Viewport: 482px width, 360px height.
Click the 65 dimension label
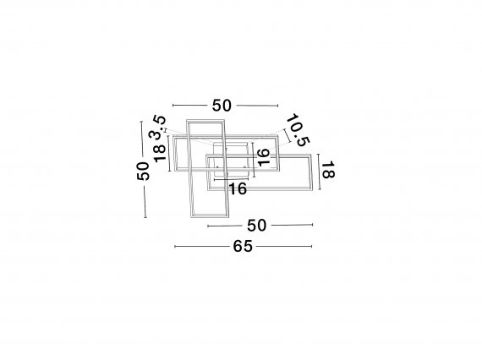243,246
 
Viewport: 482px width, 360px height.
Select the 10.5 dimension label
298,129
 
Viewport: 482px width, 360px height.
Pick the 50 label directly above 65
257,226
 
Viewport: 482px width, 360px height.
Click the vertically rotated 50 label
143,171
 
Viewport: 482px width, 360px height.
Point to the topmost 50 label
222,106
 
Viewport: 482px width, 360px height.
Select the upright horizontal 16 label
238,188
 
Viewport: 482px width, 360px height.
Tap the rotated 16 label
264,157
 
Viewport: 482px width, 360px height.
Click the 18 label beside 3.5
160,153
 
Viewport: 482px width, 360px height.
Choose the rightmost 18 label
328,171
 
